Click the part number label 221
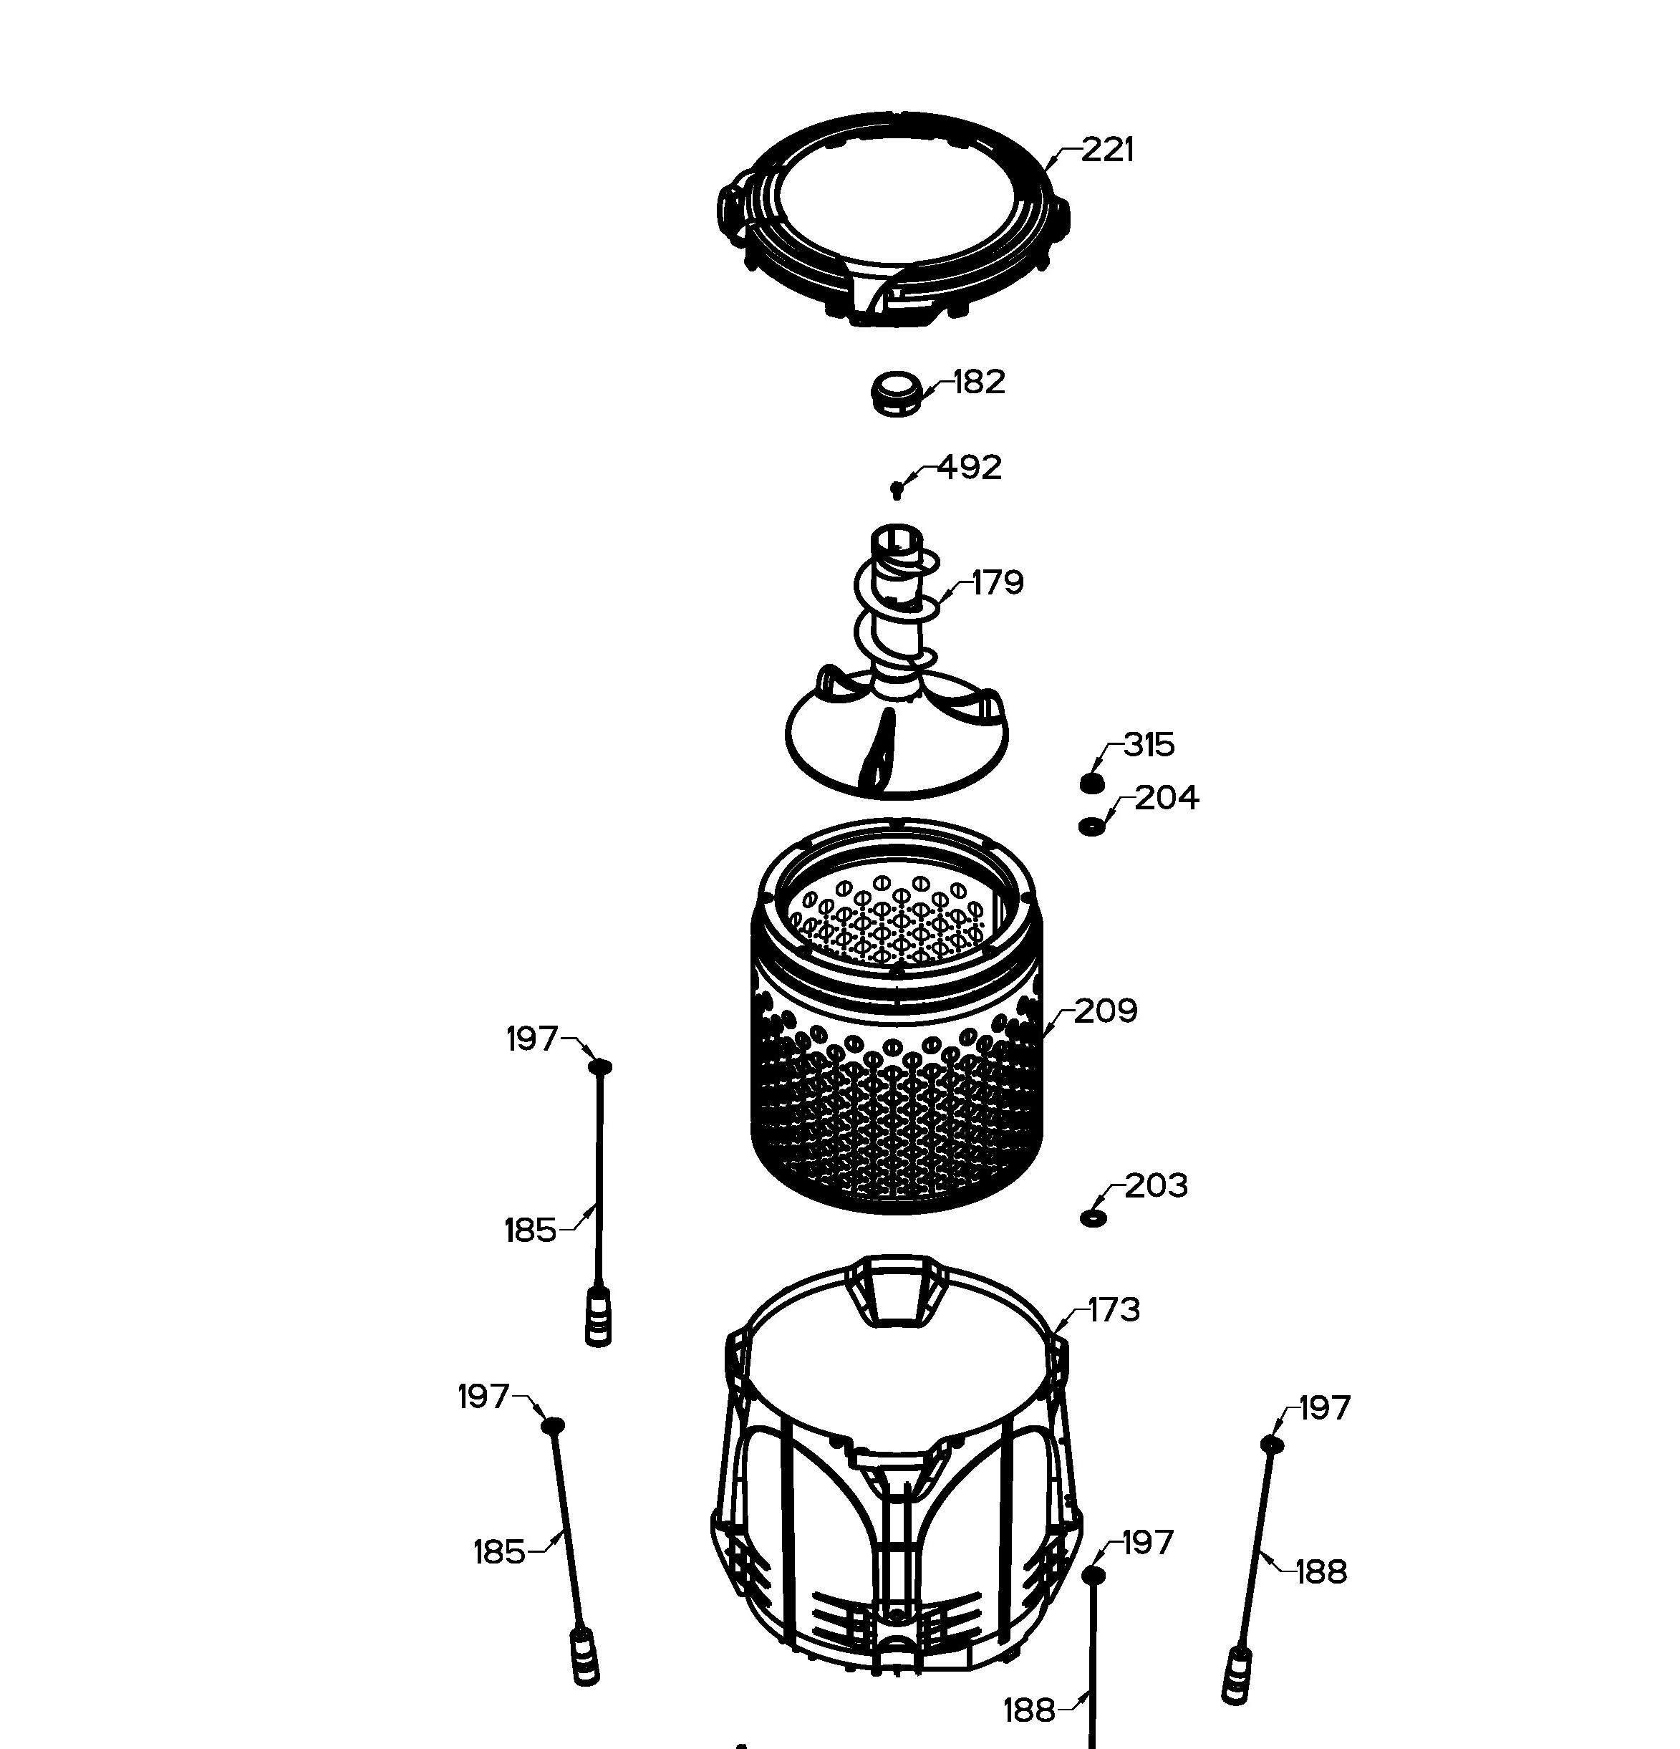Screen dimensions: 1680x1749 coord(1107,150)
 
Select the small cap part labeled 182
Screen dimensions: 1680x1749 coord(895,393)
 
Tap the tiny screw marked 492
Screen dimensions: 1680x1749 coord(897,489)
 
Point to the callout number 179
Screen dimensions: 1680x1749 coord(998,583)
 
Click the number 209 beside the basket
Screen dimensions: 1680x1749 coord(1106,1011)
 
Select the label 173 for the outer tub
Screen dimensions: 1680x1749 coord(1114,1310)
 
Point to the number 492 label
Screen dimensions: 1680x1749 coord(969,467)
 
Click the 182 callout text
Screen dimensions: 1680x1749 coord(979,382)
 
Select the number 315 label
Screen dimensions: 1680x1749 coord(1149,744)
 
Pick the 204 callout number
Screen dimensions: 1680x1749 coord(1167,797)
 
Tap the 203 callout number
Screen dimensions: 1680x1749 coord(1157,1186)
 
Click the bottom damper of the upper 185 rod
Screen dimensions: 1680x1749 coord(599,1317)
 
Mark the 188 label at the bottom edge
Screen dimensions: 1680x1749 coord(1030,1710)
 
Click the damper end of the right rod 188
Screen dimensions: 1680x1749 coord(1237,1676)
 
